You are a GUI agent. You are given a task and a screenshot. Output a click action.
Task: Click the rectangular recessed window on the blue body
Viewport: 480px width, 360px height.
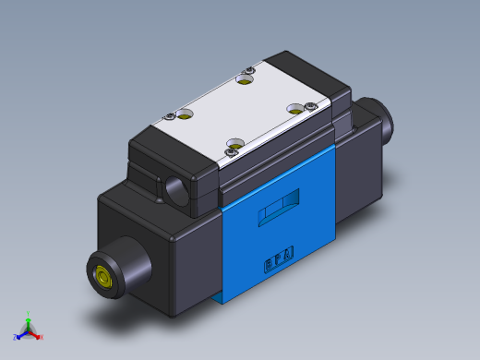(x=278, y=209)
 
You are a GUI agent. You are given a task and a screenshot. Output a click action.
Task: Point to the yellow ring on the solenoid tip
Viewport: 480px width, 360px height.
(x=102, y=276)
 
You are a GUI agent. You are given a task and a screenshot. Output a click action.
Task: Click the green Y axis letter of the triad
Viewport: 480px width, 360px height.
(x=29, y=314)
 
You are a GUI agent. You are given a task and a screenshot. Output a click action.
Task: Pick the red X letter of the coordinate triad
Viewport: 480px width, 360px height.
(x=42, y=337)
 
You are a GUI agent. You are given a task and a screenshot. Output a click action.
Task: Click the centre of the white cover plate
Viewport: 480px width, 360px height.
(x=241, y=112)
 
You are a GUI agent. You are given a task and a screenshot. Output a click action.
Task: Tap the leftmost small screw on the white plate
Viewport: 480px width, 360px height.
(x=171, y=115)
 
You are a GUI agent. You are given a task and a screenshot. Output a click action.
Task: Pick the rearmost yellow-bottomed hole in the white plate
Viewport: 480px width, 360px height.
(x=245, y=80)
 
